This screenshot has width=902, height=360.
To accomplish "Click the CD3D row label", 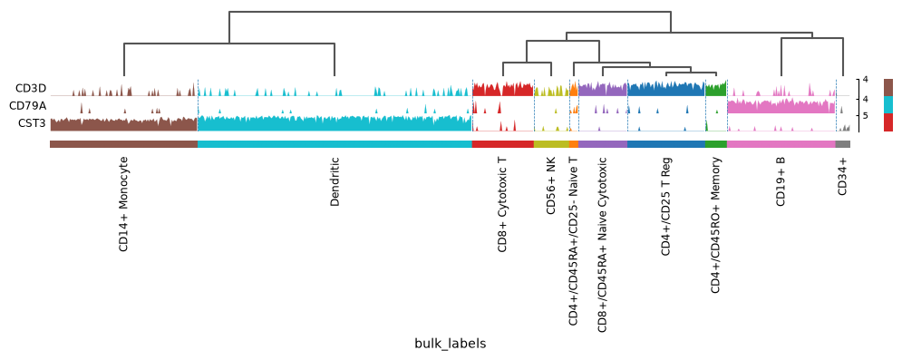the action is (x=31, y=89).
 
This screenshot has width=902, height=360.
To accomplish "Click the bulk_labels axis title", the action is (x=451, y=344).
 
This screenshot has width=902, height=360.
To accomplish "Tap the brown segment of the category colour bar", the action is (x=123, y=144).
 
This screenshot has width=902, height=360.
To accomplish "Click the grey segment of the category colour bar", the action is (x=843, y=144).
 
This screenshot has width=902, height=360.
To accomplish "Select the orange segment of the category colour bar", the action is (x=574, y=144).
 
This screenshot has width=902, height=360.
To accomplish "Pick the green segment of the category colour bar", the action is (x=716, y=144).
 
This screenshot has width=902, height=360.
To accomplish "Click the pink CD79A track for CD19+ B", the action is (x=781, y=106).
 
